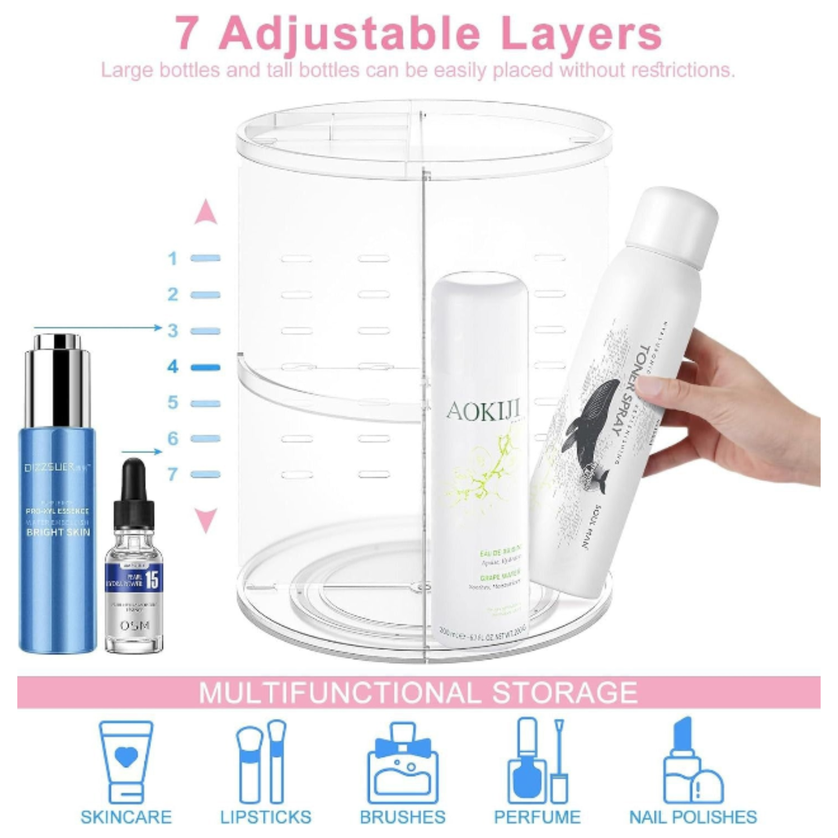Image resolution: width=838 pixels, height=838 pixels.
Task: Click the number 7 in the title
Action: point(187,34)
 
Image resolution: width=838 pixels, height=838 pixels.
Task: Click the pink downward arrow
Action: point(205,520)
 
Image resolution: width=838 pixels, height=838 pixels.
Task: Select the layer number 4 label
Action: point(173,367)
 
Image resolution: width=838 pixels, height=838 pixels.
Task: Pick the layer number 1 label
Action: point(173,258)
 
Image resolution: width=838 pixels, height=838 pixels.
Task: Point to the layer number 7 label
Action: point(173,474)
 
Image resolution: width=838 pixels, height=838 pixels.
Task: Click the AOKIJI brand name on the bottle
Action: point(483,411)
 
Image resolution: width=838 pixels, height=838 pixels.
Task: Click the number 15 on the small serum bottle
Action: point(151,579)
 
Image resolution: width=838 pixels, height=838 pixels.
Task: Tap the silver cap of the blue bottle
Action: point(57,377)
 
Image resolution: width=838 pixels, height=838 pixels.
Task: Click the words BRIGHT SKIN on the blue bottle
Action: point(58,532)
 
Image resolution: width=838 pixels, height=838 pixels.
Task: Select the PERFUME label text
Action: point(537,817)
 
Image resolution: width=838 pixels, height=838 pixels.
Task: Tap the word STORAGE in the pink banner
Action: point(564,693)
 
